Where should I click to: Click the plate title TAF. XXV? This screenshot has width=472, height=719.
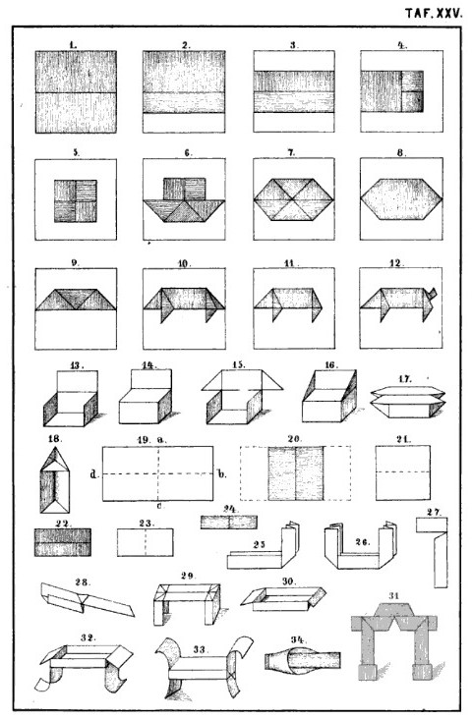pos(434,14)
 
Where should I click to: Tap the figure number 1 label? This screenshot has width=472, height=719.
pos(73,44)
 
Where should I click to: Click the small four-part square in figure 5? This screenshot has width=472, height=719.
pos(76,200)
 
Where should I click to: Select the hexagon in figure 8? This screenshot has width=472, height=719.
pos(402,199)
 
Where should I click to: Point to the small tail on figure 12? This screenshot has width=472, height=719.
pos(433,293)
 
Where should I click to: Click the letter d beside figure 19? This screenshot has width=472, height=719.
pos(93,473)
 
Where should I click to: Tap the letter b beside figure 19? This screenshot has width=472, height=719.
pos(222,473)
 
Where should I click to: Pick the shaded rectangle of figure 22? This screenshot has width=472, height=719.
pos(63,542)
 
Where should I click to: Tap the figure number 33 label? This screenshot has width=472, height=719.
pos(199,649)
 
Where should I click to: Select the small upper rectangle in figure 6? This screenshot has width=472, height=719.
pos(184,189)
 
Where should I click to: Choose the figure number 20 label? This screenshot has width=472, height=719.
pos(294,439)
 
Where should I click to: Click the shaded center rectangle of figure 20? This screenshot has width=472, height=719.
pos(296,473)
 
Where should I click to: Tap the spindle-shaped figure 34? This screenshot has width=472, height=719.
pos(303,661)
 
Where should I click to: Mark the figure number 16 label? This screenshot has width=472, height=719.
pos(330,365)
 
